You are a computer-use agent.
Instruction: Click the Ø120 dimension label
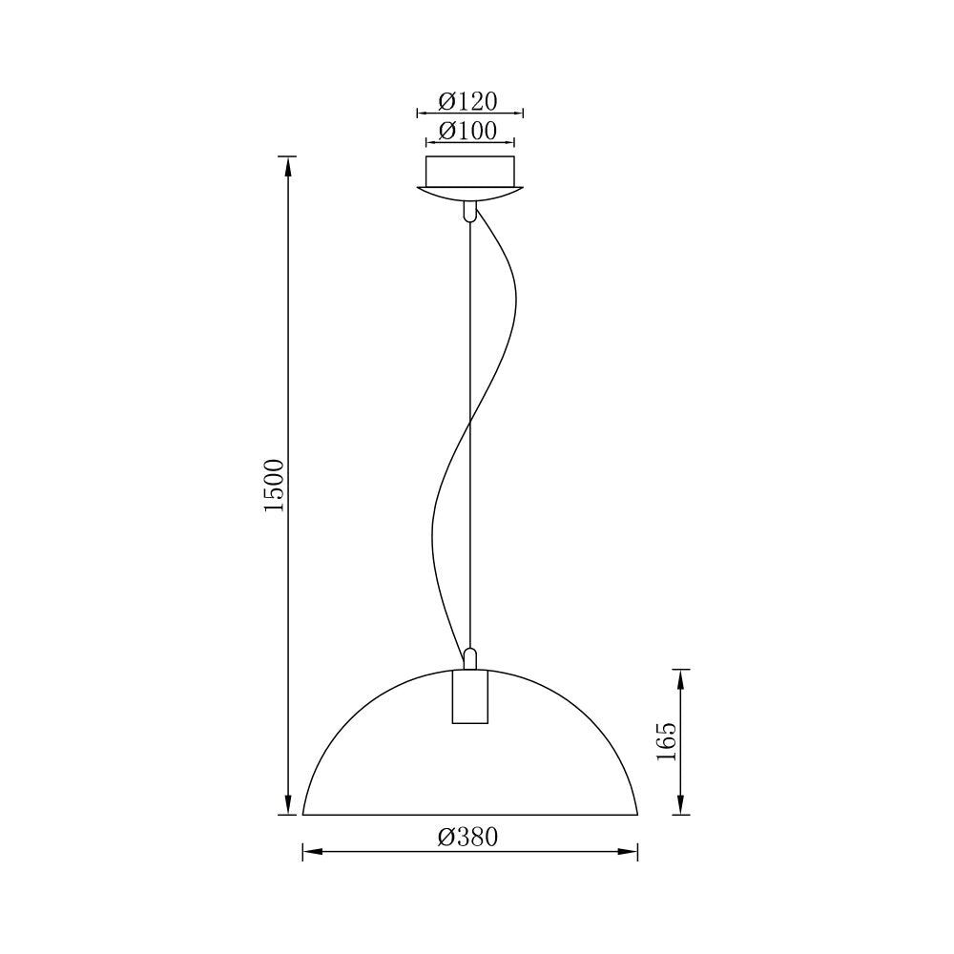click(x=468, y=101)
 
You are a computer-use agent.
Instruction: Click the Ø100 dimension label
click(x=468, y=131)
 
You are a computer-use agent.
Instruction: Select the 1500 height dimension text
click(x=275, y=486)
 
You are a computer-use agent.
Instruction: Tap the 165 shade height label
click(x=666, y=741)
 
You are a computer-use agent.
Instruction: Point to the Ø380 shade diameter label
click(x=468, y=838)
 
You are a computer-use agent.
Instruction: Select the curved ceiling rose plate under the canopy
click(x=469, y=194)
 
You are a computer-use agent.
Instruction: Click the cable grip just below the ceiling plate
click(x=468, y=212)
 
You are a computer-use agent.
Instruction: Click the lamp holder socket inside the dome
click(x=468, y=698)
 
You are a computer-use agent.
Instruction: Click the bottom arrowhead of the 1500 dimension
click(x=287, y=807)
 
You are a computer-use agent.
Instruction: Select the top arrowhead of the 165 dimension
click(x=679, y=676)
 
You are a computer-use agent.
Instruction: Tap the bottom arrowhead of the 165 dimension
click(x=679, y=807)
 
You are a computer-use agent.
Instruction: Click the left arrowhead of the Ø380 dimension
click(x=311, y=852)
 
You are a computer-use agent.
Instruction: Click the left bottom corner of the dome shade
click(x=303, y=815)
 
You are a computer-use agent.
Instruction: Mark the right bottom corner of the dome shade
click(x=637, y=815)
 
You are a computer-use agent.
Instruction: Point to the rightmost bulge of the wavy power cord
click(x=516, y=305)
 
